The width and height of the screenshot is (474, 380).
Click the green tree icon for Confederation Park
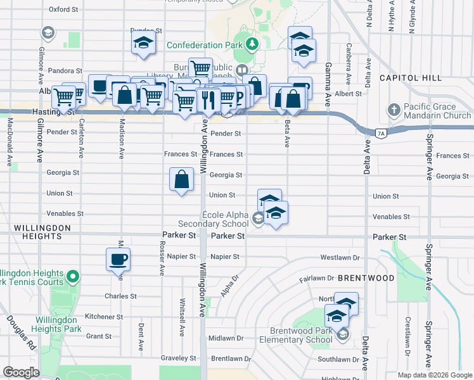point(253,44)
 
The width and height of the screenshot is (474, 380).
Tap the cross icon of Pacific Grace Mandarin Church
point(394,109)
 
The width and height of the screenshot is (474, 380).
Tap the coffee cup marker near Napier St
point(118,259)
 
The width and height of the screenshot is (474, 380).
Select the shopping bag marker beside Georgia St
point(182,179)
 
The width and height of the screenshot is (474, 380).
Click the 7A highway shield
point(380,133)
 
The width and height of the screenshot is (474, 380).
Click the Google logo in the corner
point(22,372)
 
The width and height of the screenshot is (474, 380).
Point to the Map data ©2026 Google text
point(435,375)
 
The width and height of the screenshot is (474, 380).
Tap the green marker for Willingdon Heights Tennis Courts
point(73,276)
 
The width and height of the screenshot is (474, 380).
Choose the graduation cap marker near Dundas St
point(143,44)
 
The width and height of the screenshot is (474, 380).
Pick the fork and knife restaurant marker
point(208,98)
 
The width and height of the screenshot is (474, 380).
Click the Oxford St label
point(63,10)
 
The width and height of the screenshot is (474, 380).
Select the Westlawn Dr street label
point(340,258)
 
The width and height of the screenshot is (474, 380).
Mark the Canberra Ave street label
point(348,56)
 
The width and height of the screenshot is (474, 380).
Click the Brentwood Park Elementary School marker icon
point(342,334)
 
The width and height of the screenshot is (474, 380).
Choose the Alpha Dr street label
point(229,286)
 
